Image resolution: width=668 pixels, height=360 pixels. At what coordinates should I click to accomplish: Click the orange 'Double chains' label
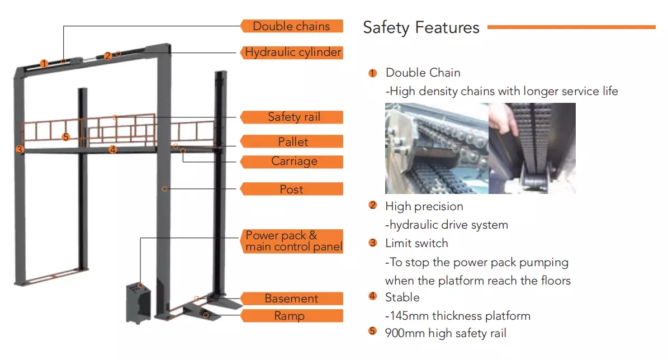point(291,26)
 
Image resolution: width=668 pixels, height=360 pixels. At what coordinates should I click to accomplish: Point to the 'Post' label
point(291,189)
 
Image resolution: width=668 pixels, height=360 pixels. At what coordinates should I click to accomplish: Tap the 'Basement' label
point(291,298)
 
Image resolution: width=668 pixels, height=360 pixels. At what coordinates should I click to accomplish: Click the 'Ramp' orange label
point(291,316)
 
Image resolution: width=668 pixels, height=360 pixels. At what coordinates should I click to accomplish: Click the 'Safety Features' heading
point(421,28)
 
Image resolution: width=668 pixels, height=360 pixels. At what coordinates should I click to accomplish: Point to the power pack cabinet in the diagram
point(139,303)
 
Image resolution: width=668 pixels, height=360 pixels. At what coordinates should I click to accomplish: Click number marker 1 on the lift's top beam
point(44,64)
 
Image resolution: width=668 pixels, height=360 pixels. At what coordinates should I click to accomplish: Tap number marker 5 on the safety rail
point(65,137)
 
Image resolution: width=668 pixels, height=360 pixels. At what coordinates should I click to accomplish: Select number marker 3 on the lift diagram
point(20,150)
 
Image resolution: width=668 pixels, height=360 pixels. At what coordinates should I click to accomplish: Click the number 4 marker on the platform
point(112,149)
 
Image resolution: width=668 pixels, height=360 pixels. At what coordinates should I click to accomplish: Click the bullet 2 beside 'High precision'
point(373,205)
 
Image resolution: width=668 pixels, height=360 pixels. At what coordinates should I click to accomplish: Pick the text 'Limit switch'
point(416,243)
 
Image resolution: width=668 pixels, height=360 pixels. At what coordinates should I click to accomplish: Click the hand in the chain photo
point(503,117)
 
